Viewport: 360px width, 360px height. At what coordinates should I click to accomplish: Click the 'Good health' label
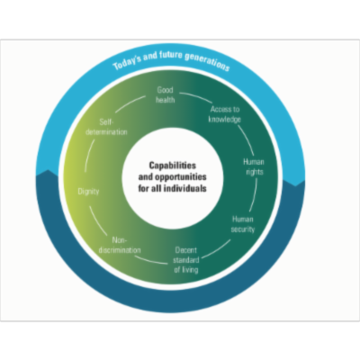point(166,94)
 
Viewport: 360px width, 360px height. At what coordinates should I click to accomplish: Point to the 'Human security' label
point(244,223)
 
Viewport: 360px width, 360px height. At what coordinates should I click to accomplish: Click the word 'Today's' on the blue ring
point(131,64)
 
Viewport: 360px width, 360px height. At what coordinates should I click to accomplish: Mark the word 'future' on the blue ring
point(171,59)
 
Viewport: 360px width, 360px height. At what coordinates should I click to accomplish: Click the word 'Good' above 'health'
point(166,90)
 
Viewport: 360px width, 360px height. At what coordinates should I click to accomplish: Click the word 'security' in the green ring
point(244,229)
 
